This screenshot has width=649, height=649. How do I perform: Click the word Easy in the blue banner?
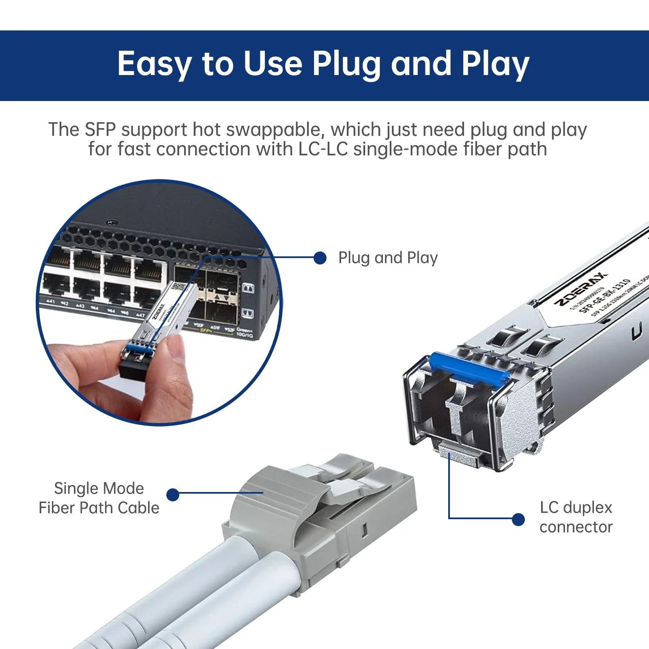tap(154, 64)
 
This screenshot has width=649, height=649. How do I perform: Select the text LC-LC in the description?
tap(323, 149)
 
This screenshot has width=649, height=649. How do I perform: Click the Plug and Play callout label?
tap(388, 258)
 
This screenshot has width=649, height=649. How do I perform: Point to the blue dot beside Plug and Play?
tap(320, 258)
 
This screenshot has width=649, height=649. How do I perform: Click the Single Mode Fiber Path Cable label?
tap(99, 498)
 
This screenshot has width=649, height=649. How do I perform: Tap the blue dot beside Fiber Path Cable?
tap(173, 494)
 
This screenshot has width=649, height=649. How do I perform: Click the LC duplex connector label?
tap(576, 517)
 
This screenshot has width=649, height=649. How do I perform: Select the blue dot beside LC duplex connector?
tap(518, 519)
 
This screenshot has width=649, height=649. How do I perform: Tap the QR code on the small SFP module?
tap(179, 287)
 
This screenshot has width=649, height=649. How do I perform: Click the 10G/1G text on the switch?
tap(245, 335)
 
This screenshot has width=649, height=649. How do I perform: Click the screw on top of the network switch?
tap(112, 223)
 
